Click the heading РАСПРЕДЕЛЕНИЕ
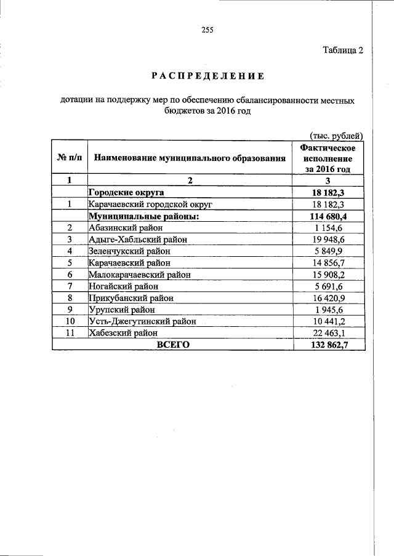[x=207, y=76]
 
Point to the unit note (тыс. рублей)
[x=335, y=135]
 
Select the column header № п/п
[x=69, y=158]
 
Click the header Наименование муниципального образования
[x=190, y=158]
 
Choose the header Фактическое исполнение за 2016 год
[x=327, y=158]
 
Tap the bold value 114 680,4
[x=327, y=216]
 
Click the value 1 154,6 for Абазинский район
[x=327, y=228]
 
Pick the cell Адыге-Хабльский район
[x=139, y=240]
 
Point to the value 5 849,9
[x=327, y=251]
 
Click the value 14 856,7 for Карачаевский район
[x=327, y=263]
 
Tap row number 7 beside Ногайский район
[x=70, y=286]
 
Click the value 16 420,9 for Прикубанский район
[x=327, y=298]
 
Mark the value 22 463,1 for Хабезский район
[x=327, y=333]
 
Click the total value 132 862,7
[x=327, y=345]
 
